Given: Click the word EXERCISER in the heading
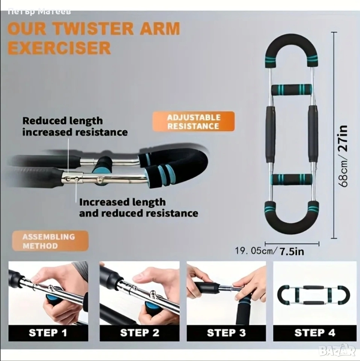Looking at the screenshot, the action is [59, 48].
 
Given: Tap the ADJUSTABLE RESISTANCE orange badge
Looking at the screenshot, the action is [194, 121].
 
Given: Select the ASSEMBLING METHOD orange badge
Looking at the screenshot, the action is [50, 241].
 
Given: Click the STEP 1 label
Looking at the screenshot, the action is [48, 333].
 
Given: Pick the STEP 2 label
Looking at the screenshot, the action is [139, 333].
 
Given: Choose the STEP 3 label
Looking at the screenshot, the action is [226, 333].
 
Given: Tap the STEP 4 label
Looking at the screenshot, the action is [315, 333].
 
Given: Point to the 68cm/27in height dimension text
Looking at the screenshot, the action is [343, 156].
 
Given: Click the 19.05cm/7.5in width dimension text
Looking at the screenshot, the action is [269, 251].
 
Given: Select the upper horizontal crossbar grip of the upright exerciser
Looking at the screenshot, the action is [292, 89].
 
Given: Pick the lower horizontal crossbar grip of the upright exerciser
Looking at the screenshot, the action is [292, 180].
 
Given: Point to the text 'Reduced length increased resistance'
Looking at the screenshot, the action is [75, 126].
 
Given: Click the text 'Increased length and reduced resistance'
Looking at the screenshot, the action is [139, 208].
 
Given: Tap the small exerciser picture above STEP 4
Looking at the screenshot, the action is [313, 295].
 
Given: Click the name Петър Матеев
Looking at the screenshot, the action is [39, 11].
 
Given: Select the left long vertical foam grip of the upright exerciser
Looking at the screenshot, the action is [270, 135].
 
